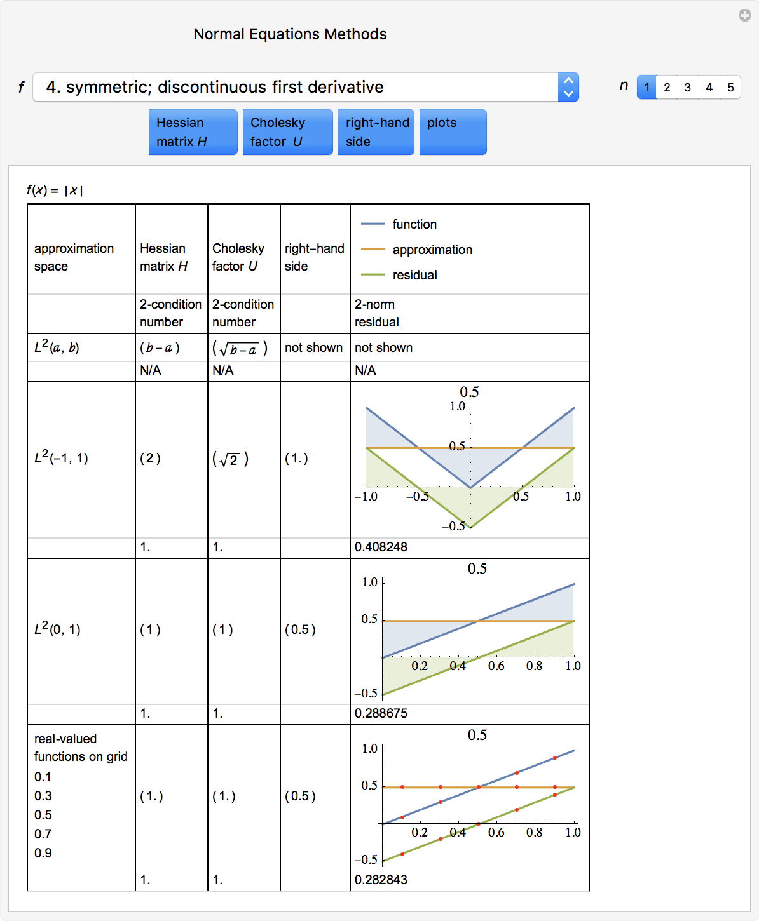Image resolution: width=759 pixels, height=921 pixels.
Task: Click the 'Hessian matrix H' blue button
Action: (x=193, y=132)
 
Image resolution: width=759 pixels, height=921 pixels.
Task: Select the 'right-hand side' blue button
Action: (x=376, y=132)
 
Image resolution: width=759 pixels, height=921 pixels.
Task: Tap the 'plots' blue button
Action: (x=453, y=132)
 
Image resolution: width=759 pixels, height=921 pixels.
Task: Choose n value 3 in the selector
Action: (x=688, y=88)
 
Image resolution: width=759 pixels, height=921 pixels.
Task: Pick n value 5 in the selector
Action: (x=730, y=88)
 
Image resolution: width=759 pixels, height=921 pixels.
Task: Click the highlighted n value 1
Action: (x=646, y=88)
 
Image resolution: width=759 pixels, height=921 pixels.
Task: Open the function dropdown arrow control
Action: (x=568, y=87)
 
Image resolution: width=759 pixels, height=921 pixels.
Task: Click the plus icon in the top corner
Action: (x=744, y=15)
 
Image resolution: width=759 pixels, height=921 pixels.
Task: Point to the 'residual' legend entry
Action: (x=414, y=275)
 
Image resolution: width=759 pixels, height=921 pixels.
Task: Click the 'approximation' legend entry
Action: (x=432, y=250)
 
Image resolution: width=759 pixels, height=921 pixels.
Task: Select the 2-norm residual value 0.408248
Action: (x=381, y=547)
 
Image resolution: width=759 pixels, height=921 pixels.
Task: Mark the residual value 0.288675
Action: (x=381, y=713)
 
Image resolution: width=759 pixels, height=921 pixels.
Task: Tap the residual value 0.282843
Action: (x=381, y=880)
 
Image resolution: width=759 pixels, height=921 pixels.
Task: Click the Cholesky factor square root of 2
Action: (x=230, y=459)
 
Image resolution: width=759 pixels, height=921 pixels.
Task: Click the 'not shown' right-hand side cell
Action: (x=313, y=347)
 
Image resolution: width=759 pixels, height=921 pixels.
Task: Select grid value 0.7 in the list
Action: (x=43, y=834)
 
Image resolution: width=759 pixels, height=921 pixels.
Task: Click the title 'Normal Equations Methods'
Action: (x=290, y=34)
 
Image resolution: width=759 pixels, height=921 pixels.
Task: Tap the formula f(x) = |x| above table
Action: (x=55, y=190)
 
